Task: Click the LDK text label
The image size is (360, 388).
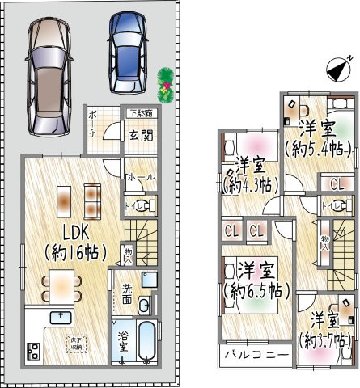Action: click(62, 230)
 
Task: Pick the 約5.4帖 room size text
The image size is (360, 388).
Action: click(317, 148)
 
